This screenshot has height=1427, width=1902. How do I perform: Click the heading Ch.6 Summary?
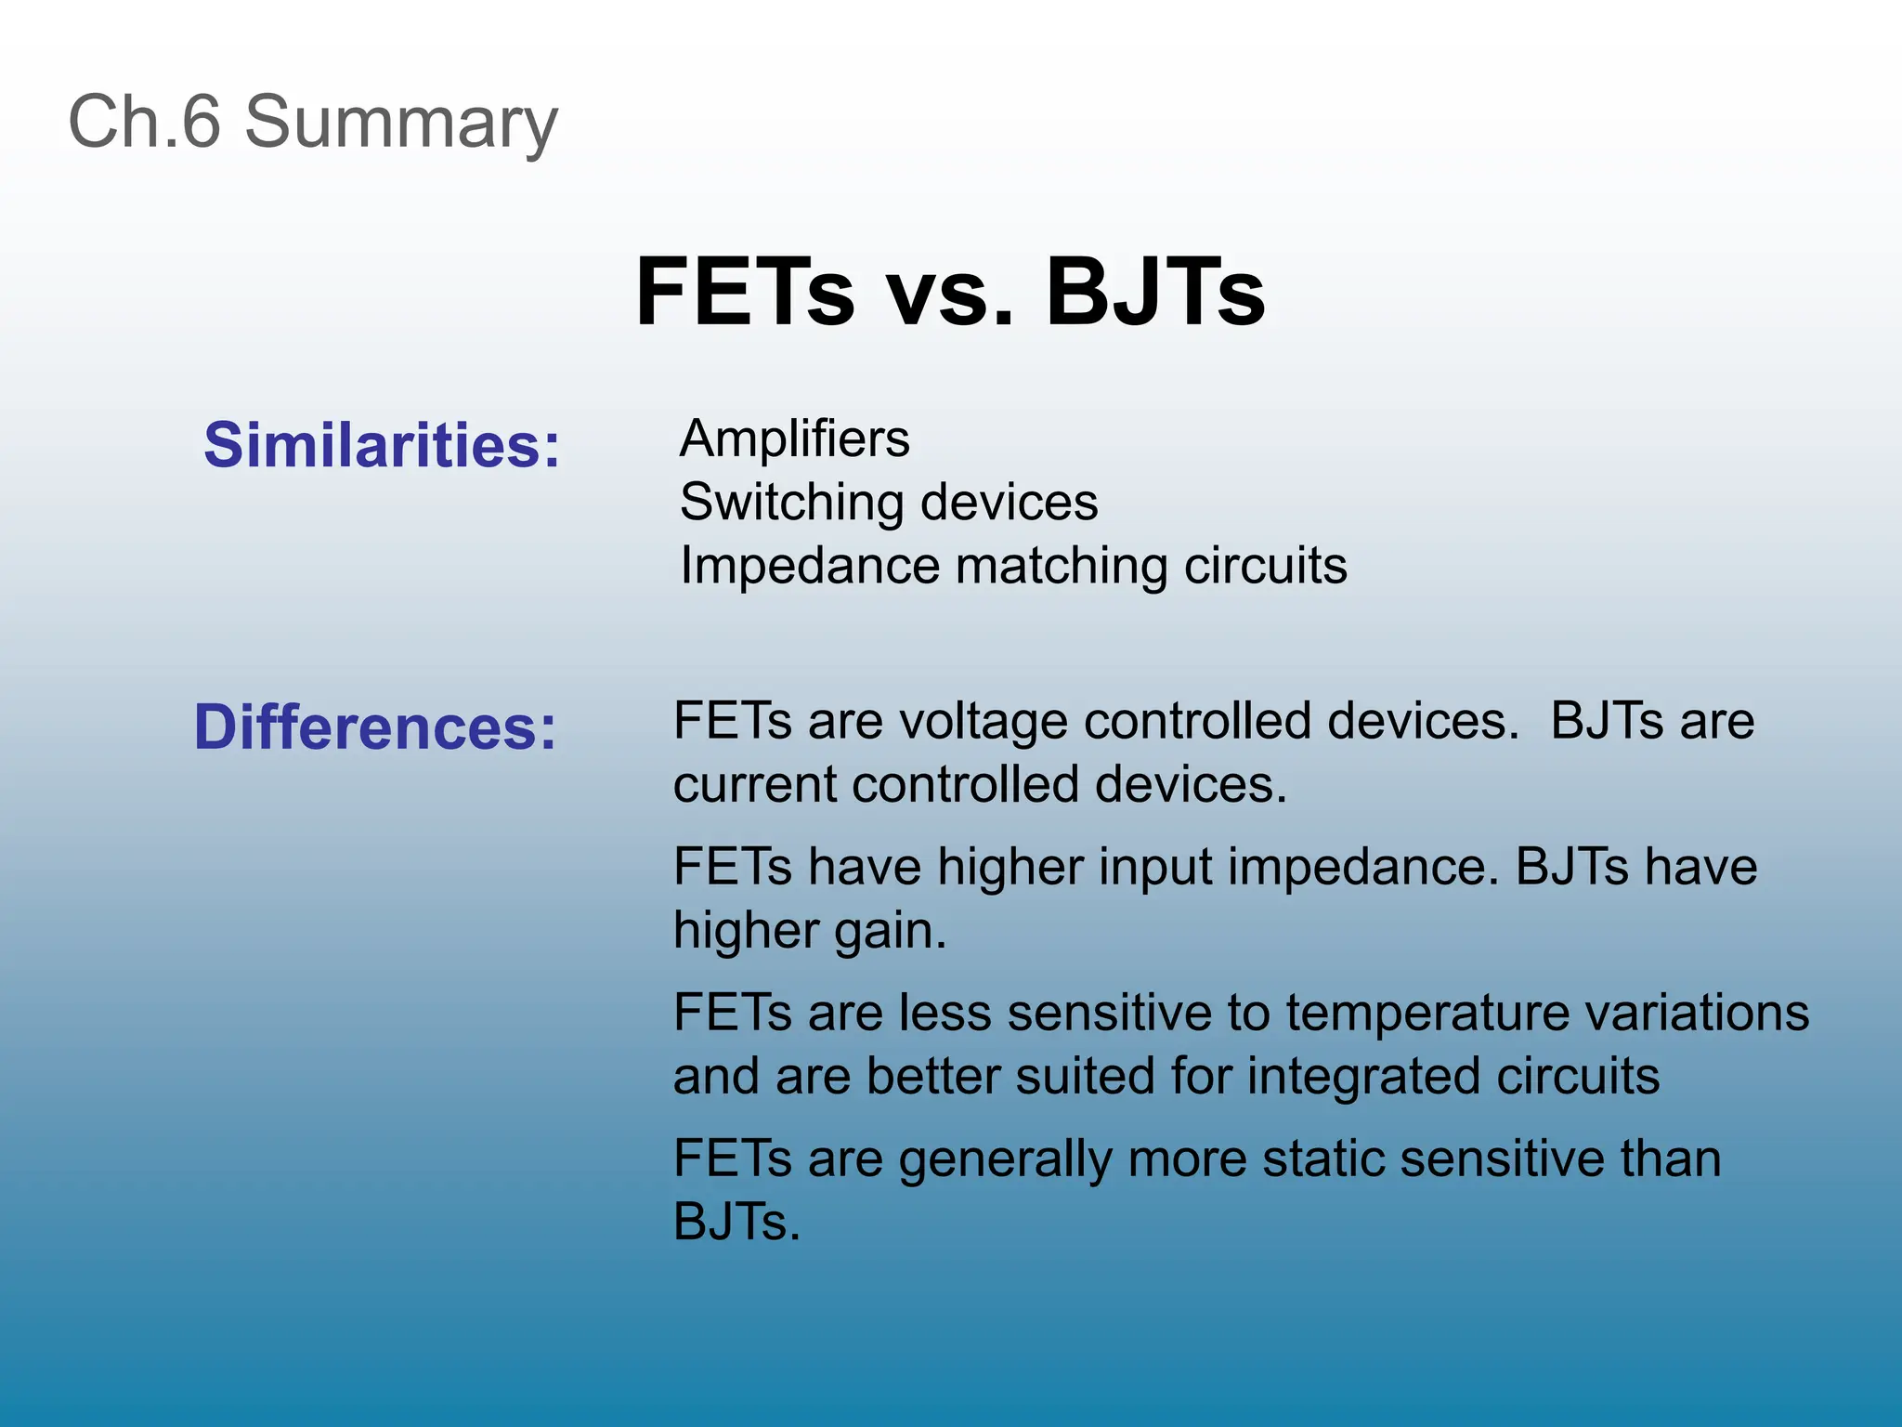pyautogui.click(x=313, y=122)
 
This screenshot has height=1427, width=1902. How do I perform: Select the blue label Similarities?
pyautogui.click(x=382, y=445)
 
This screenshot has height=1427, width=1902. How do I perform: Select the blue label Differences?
pyautogui.click(x=374, y=727)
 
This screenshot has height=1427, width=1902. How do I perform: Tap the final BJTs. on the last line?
pyautogui.click(x=736, y=1222)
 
